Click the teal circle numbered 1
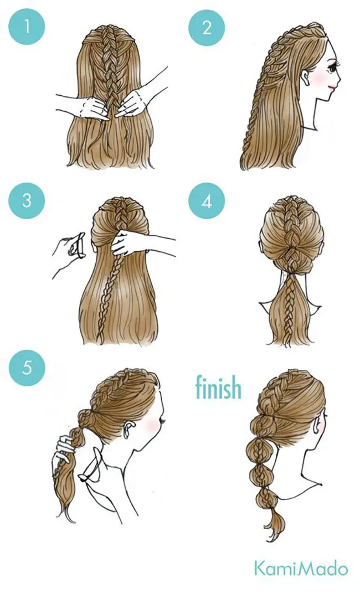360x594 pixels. click(x=27, y=27)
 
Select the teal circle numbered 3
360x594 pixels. click(x=27, y=200)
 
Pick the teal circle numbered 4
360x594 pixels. click(x=207, y=201)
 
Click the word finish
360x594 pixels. click(x=218, y=387)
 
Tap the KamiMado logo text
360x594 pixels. click(x=301, y=569)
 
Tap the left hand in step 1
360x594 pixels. click(x=89, y=107)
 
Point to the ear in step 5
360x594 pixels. click(x=130, y=428)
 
